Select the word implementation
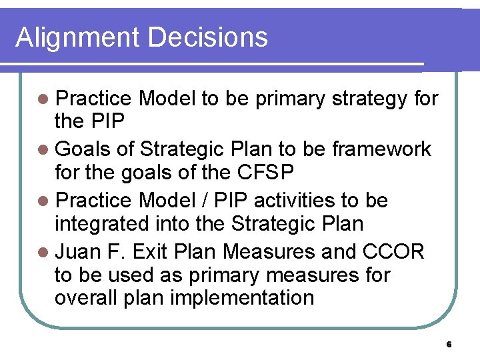(x=242, y=297)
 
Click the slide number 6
(x=449, y=345)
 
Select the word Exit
(x=152, y=251)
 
